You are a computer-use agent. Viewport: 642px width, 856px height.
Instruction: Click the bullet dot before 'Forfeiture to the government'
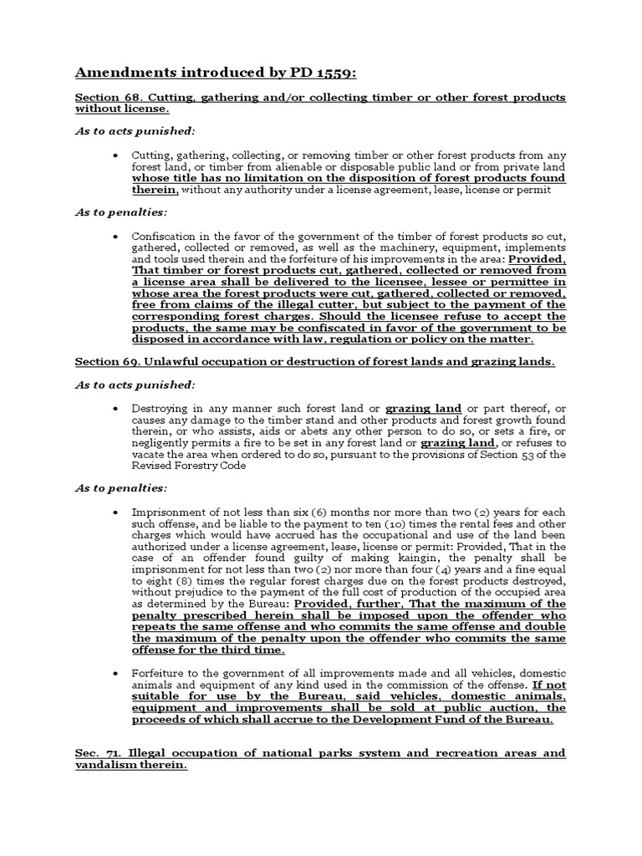115,673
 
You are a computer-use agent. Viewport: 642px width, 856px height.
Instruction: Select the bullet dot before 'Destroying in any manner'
115,408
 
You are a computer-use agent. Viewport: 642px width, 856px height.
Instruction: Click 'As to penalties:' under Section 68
109,213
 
